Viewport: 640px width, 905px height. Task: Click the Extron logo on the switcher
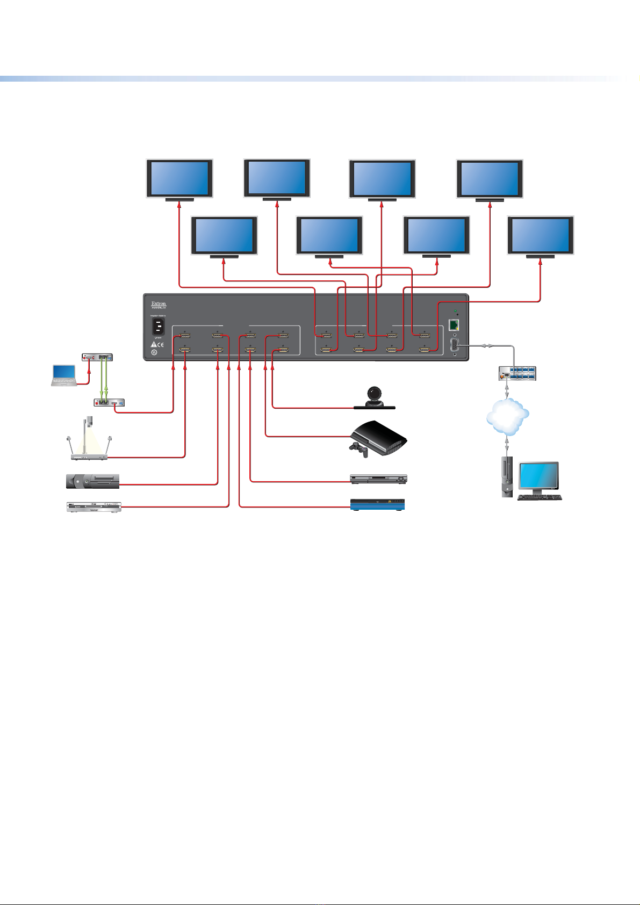coord(159,304)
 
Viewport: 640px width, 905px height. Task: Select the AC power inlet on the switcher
coord(159,327)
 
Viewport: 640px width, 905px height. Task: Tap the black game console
coord(379,438)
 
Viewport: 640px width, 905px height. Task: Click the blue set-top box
coord(377,504)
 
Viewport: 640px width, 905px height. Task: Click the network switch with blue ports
coord(517,372)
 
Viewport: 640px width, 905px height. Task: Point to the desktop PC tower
coord(507,477)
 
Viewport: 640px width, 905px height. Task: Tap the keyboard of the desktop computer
coord(540,497)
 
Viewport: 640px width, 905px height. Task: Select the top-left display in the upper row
coord(180,179)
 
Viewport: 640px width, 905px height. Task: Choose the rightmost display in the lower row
coord(541,236)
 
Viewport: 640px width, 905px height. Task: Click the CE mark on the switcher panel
coord(161,344)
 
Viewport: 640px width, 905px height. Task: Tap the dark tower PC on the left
coord(92,481)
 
